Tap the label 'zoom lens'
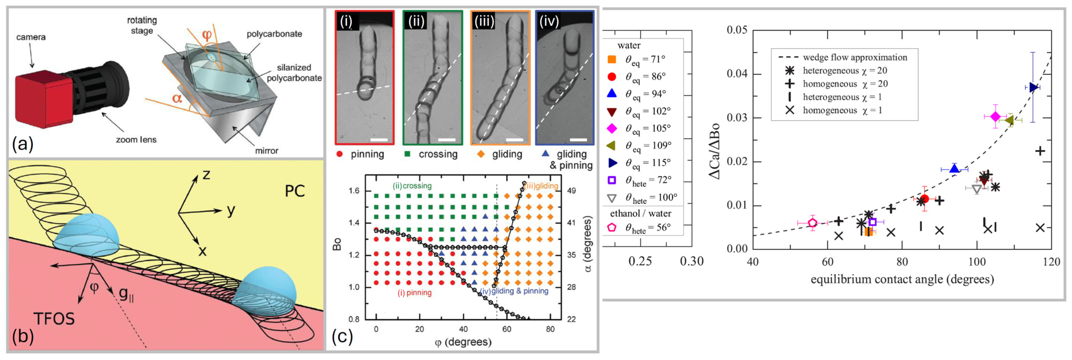tap(136, 140)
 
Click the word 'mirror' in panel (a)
tap(266, 151)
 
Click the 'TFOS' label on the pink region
tap(54, 319)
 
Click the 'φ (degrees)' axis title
tap(463, 342)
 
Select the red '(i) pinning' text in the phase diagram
tap(414, 292)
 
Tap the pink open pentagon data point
tap(813, 223)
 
